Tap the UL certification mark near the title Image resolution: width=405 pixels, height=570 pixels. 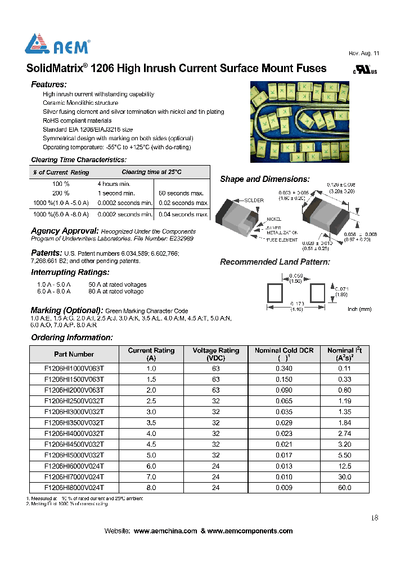(365, 70)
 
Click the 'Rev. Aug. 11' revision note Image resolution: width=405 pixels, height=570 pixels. (364, 53)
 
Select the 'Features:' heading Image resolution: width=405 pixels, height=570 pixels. (48, 84)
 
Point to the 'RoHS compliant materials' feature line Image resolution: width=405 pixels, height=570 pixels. (77, 121)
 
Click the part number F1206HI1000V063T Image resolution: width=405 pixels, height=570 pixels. (74, 369)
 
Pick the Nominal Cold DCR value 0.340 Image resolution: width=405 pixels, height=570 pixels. (284, 369)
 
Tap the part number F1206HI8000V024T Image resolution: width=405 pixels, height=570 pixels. (74, 488)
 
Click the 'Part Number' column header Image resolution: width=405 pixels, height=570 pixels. (74, 354)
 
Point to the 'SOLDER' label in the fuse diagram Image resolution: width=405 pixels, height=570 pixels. (254, 201)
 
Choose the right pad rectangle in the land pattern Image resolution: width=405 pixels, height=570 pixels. (317, 293)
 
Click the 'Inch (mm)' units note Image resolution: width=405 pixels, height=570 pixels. (360, 309)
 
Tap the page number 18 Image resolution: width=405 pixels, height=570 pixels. (375, 518)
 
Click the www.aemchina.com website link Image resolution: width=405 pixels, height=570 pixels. (165, 531)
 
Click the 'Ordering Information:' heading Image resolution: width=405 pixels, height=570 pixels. (71, 337)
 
